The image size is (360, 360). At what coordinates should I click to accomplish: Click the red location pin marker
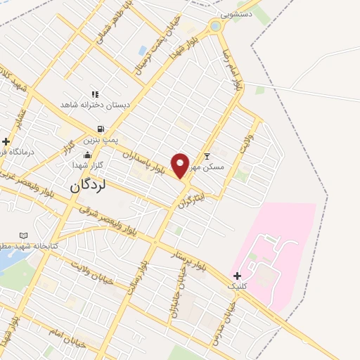point(181,165)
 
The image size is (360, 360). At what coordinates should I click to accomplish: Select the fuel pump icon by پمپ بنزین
point(101,129)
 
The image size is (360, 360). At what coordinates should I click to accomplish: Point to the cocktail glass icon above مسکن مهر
point(207,156)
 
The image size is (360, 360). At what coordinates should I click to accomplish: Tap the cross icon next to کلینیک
point(237,275)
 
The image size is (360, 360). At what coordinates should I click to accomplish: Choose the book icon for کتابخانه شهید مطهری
point(24,235)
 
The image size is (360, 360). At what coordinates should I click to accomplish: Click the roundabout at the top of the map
point(215,27)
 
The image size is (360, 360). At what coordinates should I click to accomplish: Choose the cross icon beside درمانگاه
point(6,141)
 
